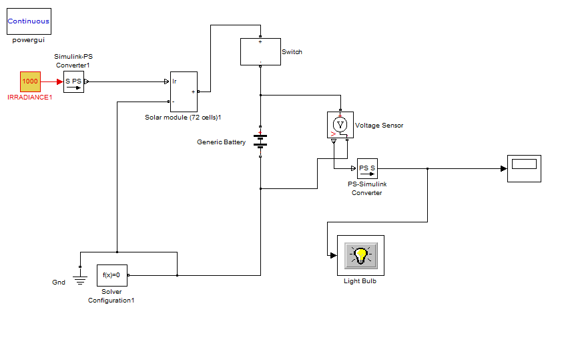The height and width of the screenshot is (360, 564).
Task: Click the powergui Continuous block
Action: (x=29, y=21)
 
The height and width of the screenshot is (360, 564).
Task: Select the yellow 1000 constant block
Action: (x=30, y=81)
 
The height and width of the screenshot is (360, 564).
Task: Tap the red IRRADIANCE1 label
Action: (x=29, y=98)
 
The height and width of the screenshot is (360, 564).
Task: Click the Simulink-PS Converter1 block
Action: (x=73, y=82)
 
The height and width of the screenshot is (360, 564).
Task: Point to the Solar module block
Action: (x=184, y=92)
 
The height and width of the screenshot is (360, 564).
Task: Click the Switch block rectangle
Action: (x=260, y=51)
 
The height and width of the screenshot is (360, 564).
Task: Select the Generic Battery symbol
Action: (x=260, y=141)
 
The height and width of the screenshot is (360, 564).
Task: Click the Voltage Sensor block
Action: (x=340, y=125)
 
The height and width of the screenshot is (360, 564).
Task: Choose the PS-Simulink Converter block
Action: (x=367, y=168)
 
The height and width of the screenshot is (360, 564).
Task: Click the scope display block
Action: (x=524, y=168)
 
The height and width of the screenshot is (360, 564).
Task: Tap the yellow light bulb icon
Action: (x=361, y=254)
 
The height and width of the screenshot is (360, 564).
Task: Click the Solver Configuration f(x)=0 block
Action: (x=111, y=275)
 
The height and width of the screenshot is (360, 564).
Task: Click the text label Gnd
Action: (x=59, y=283)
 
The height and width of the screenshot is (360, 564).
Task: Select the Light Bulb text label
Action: (x=360, y=281)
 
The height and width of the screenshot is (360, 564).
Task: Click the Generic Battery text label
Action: (x=221, y=142)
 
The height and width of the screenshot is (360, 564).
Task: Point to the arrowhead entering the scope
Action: (x=503, y=168)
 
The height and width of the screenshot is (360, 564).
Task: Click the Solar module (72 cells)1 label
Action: (x=183, y=117)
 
